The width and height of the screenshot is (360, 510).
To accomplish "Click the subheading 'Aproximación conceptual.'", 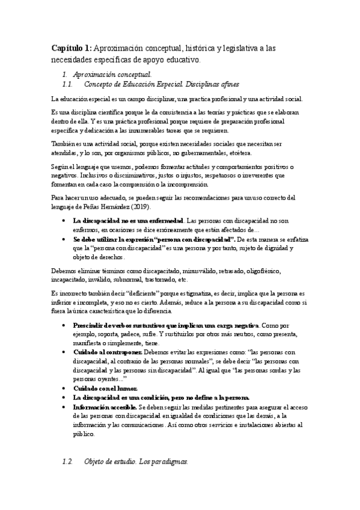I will [x=112, y=74].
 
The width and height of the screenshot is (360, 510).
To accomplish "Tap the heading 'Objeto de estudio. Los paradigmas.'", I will [x=136, y=462].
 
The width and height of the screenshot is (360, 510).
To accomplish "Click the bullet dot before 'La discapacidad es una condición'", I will [x=64, y=398].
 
